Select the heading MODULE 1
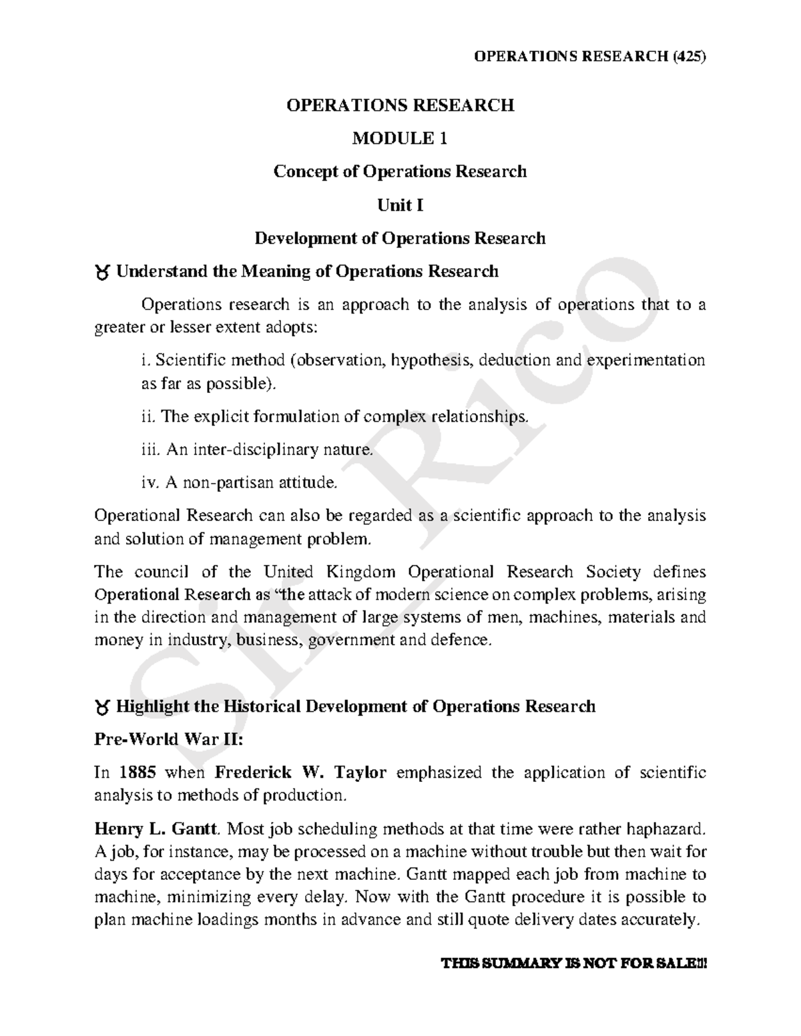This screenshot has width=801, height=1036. tap(400, 138)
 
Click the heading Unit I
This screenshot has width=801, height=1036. tap(400, 205)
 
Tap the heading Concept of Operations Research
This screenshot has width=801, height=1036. tap(400, 171)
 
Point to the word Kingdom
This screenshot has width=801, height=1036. tap(361, 572)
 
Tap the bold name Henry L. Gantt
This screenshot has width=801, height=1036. tap(156, 829)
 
